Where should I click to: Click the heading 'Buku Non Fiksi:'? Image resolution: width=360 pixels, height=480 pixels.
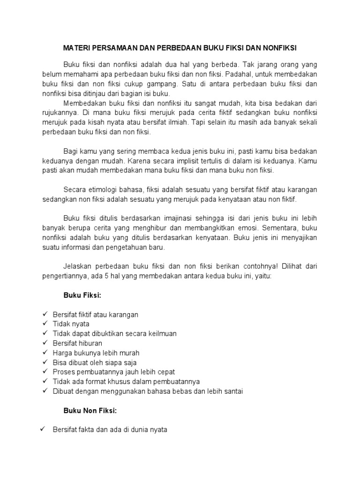coord(90,411)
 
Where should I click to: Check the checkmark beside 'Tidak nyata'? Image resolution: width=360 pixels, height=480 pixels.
coord(45,323)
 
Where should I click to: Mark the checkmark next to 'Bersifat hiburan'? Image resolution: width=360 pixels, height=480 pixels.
coord(45,343)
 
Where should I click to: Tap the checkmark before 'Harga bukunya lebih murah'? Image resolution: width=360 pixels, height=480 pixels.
coord(45,352)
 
